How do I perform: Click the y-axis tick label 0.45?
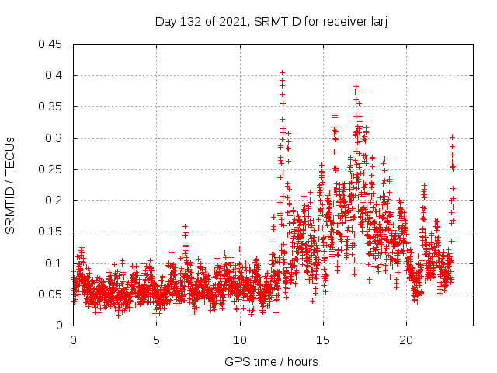[52, 44]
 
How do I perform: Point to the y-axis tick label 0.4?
[55, 75]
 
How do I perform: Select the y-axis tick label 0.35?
[52, 106]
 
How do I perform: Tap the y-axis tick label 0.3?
[55, 138]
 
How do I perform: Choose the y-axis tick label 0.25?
[52, 169]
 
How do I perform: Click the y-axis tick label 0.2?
[55, 200]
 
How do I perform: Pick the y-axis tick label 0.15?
[52, 232]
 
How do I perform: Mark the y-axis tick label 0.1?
[55, 263]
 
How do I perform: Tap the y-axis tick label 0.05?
[52, 295]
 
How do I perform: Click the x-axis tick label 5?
[156, 340]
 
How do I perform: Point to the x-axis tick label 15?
[322, 340]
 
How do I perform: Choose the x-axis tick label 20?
[405, 340]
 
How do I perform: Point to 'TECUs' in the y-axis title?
[10, 155]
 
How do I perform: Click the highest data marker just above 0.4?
[282, 72]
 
